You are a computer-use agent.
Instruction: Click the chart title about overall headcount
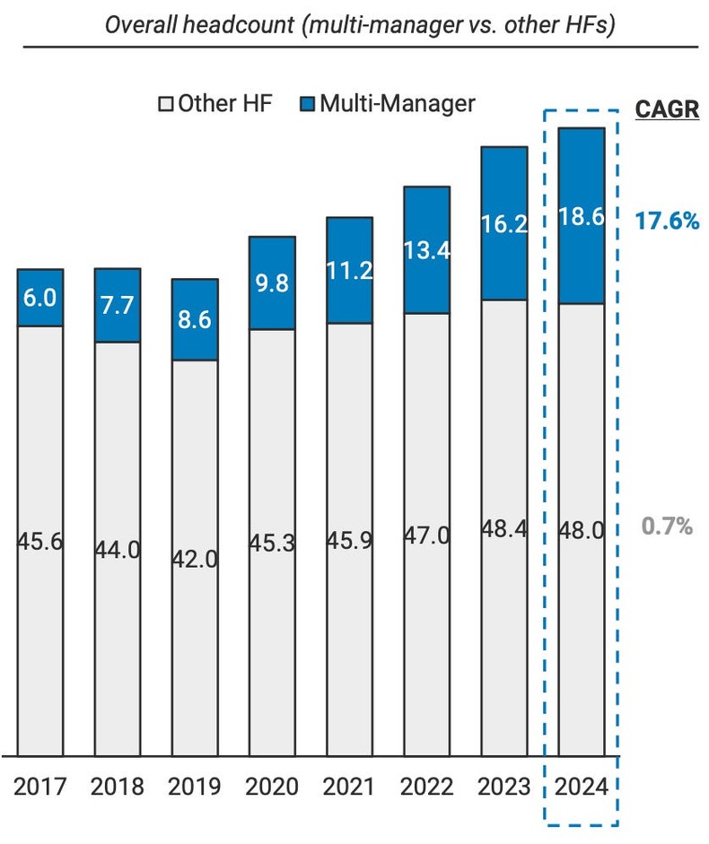pyautogui.click(x=359, y=24)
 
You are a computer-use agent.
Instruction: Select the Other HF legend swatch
pyautogui.click(x=165, y=104)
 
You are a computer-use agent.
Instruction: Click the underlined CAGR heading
pyautogui.click(x=666, y=109)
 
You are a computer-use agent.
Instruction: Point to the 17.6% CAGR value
pyautogui.click(x=666, y=221)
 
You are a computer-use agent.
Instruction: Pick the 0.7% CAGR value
pyautogui.click(x=666, y=526)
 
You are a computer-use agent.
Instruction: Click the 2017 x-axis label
pyautogui.click(x=40, y=787)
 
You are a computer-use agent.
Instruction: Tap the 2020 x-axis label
pyautogui.click(x=272, y=787)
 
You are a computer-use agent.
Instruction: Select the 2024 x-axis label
pyautogui.click(x=581, y=787)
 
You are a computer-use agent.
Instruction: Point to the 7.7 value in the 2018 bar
pyautogui.click(x=118, y=306)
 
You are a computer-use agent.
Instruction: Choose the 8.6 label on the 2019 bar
pyautogui.click(x=195, y=320)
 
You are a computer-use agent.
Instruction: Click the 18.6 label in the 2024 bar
pyautogui.click(x=581, y=216)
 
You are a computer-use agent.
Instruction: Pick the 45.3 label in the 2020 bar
pyautogui.click(x=272, y=544)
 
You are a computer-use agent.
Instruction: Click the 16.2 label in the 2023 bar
pyautogui.click(x=503, y=224)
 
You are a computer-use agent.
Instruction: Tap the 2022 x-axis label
pyautogui.click(x=426, y=787)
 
